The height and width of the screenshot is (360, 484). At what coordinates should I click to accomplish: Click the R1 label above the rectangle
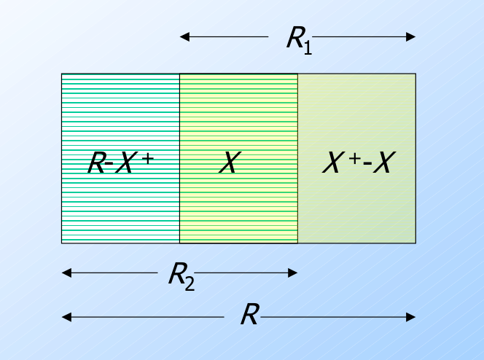[x=298, y=38]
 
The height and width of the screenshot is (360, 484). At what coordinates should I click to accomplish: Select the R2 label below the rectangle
[x=181, y=275]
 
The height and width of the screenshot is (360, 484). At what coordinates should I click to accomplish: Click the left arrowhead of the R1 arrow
[x=184, y=36]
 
